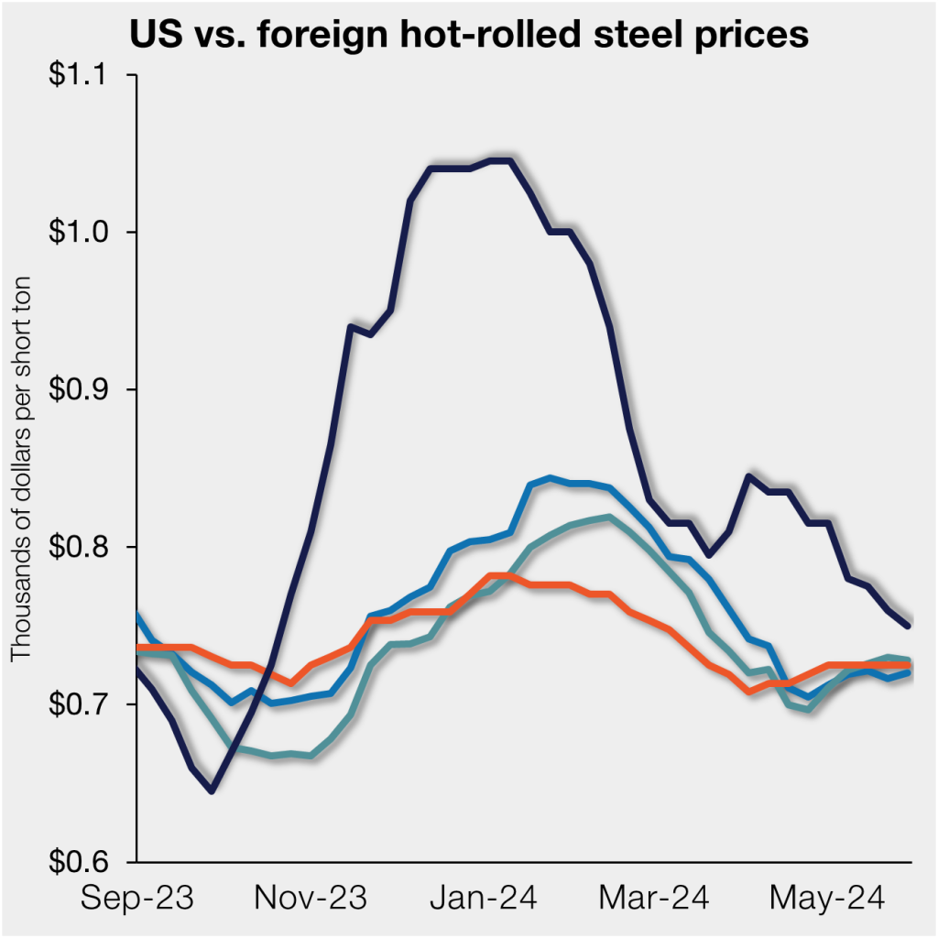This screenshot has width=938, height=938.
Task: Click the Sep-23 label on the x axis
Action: (136, 899)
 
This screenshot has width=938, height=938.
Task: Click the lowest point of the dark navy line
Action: (212, 791)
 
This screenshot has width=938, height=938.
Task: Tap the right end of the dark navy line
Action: (908, 626)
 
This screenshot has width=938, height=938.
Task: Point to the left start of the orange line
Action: (138, 648)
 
